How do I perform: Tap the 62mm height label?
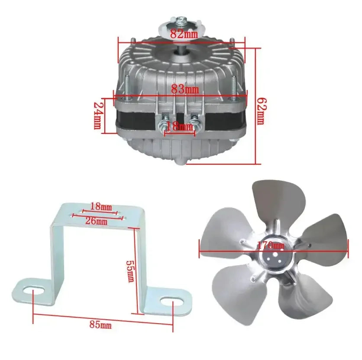point(260,110)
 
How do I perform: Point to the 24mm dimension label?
point(97,116)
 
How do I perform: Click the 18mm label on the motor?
point(179,127)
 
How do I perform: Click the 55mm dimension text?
point(130,271)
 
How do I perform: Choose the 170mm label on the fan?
point(270,246)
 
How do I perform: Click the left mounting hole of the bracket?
point(34,291)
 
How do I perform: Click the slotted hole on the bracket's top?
point(97,214)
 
